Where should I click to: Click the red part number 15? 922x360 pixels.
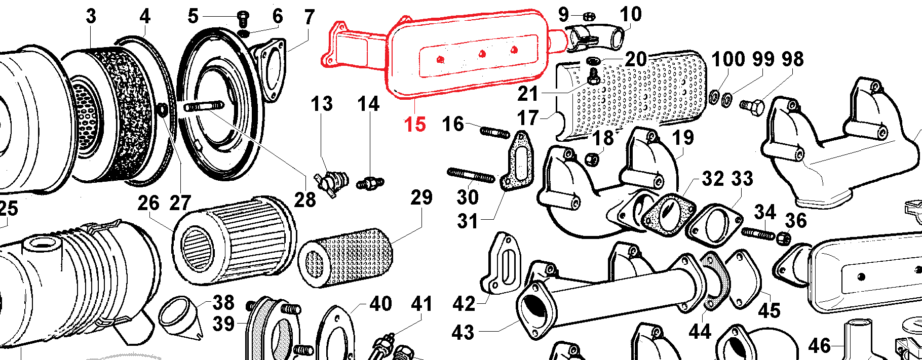(x=415, y=125)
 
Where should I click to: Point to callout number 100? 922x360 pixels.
(x=728, y=59)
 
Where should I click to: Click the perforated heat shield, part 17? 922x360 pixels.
(x=633, y=94)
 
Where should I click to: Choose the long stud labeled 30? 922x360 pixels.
(x=471, y=176)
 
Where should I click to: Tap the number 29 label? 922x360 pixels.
(x=421, y=197)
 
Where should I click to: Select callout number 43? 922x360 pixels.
(x=463, y=332)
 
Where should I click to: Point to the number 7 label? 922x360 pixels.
(x=309, y=17)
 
